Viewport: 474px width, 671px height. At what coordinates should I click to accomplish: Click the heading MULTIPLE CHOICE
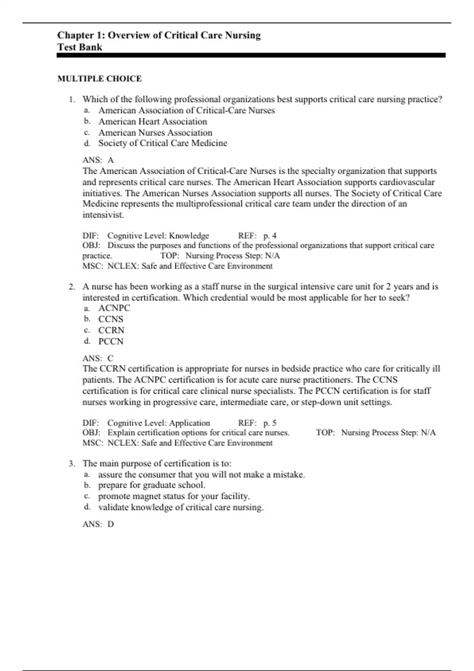pyautogui.click(x=100, y=79)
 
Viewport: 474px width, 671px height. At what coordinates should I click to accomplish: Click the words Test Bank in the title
pyautogui.click(x=80, y=47)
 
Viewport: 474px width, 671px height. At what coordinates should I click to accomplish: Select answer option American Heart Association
pyautogui.click(x=152, y=122)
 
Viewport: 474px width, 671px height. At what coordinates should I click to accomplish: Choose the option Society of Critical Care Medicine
pyautogui.click(x=163, y=143)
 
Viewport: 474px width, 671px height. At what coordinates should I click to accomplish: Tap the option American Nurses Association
pyautogui.click(x=155, y=133)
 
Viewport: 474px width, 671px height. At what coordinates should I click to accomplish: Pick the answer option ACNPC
pyautogui.click(x=114, y=308)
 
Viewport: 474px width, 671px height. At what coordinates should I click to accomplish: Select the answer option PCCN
pyautogui.click(x=111, y=341)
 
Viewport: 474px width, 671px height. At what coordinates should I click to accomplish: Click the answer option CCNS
pyautogui.click(x=111, y=319)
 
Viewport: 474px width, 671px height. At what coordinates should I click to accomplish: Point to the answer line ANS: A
pyautogui.click(x=98, y=160)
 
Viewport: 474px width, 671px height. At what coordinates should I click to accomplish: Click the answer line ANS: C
pyautogui.click(x=98, y=358)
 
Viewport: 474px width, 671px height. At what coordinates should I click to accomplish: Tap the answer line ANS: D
pyautogui.click(x=98, y=524)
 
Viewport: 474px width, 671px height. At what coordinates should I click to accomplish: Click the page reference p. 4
pyautogui.click(x=270, y=236)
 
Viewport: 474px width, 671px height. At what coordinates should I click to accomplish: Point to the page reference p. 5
pyautogui.click(x=270, y=423)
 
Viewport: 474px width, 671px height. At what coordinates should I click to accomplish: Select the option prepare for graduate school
pyautogui.click(x=152, y=485)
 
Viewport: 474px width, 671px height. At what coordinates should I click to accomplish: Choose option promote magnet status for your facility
pyautogui.click(x=174, y=496)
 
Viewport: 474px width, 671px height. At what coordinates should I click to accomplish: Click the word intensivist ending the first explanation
pyautogui.click(x=103, y=215)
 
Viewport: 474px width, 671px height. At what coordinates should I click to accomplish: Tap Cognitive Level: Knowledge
pyautogui.click(x=158, y=236)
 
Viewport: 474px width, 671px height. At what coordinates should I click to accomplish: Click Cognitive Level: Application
pyautogui.click(x=159, y=423)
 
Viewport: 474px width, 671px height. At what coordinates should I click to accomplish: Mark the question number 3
pyautogui.click(x=71, y=463)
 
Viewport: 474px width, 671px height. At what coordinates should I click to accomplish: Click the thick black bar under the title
pyautogui.click(x=251, y=56)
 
